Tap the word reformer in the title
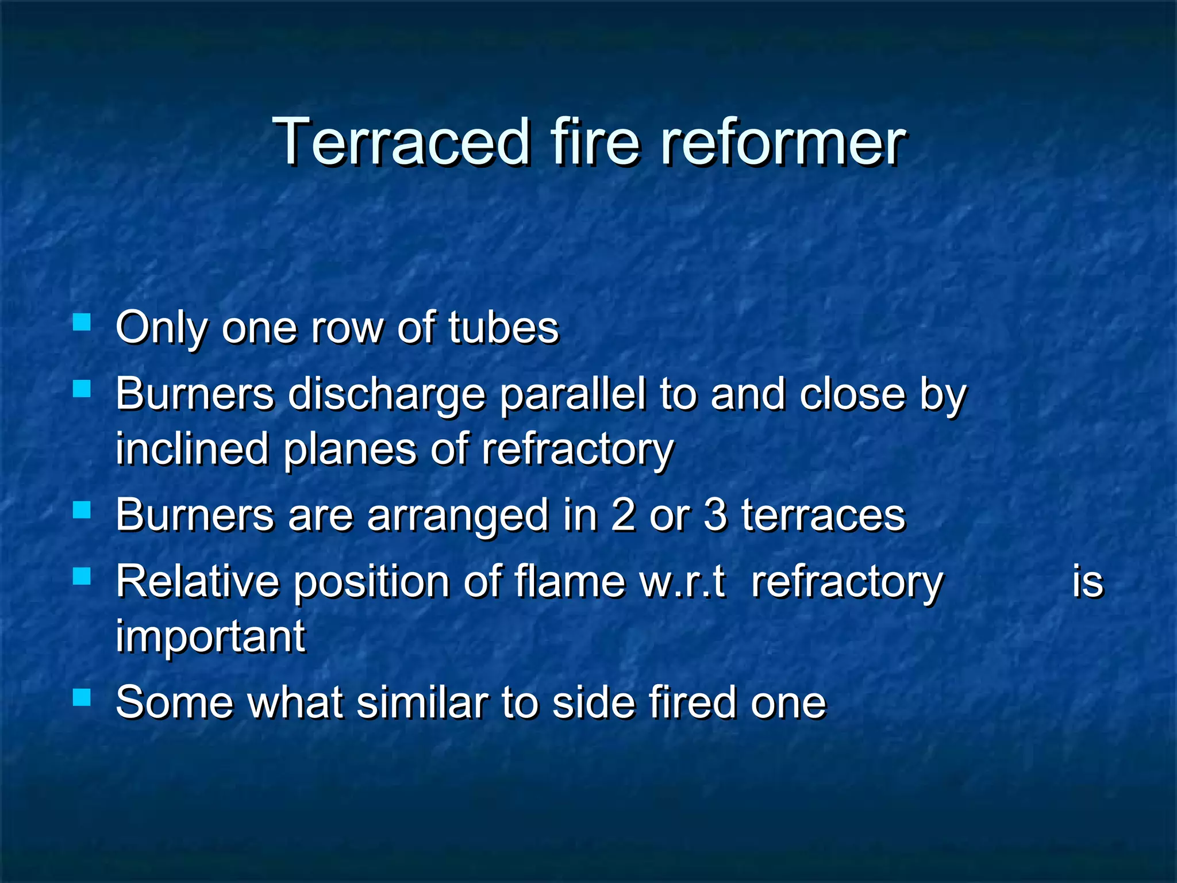(783, 141)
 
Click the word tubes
(503, 328)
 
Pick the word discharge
(386, 396)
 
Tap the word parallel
(572, 396)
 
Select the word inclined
(192, 449)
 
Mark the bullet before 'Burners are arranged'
(82, 510)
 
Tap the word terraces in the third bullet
(823, 516)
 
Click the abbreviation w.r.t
(683, 582)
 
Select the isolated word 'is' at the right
(1087, 582)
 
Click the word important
(210, 636)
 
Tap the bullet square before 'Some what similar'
(82, 697)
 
